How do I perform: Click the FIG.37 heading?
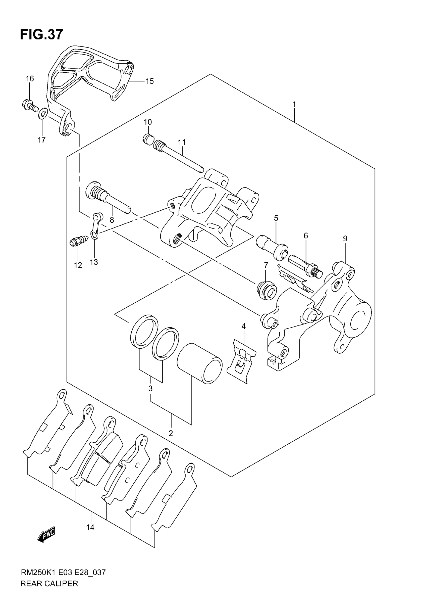41,34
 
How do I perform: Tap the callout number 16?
30,78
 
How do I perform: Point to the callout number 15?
150,81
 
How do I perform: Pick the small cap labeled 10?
148,139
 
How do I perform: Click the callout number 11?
182,142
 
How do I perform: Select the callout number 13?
94,262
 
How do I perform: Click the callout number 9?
345,239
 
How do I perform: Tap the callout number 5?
276,218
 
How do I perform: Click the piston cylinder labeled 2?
199,363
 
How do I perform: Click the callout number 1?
294,105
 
